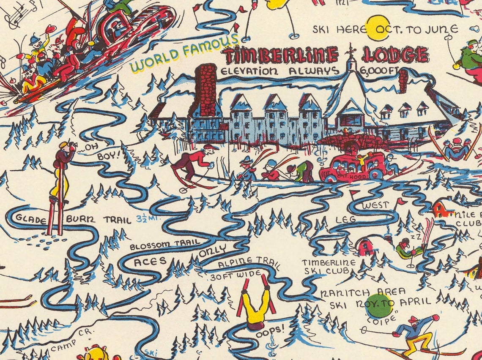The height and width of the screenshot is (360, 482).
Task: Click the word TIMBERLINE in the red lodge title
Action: pos(281,55)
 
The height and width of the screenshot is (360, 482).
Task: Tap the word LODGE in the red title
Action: pos(394,55)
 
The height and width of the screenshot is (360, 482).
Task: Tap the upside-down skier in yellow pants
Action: pos(255,302)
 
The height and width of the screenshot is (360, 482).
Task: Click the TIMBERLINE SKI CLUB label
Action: pos(329,266)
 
